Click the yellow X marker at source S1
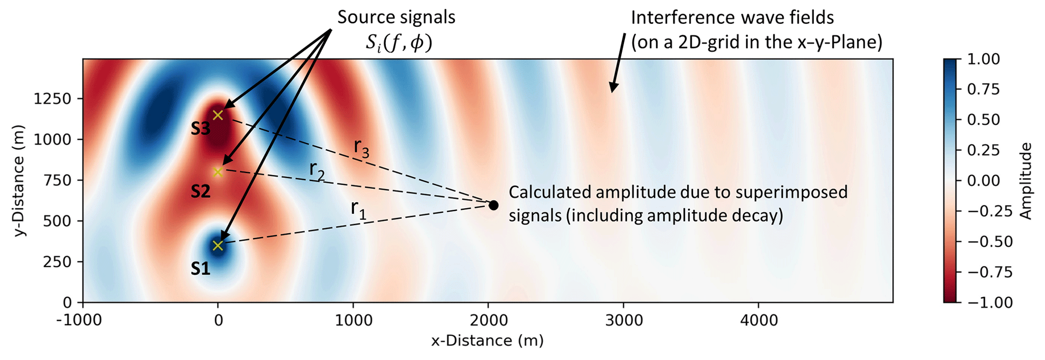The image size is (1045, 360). click(x=218, y=245)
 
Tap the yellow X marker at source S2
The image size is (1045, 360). click(x=218, y=172)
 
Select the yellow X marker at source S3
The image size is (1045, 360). click(x=218, y=115)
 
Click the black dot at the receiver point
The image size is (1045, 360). click(x=493, y=205)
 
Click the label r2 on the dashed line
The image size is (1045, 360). click(x=317, y=171)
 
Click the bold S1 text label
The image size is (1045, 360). click(x=200, y=269)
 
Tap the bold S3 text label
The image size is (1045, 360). click(x=200, y=129)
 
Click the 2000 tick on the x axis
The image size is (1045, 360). click(x=488, y=320)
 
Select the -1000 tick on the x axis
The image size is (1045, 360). click(x=83, y=320)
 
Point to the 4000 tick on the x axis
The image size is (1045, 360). click(x=758, y=320)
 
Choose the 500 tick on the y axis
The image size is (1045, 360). click(x=59, y=221)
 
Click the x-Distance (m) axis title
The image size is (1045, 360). click(x=487, y=341)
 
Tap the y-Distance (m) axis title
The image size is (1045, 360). click(x=19, y=181)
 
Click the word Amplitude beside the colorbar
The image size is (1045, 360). click(x=1026, y=181)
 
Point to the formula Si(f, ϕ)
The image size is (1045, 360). click(x=399, y=43)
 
